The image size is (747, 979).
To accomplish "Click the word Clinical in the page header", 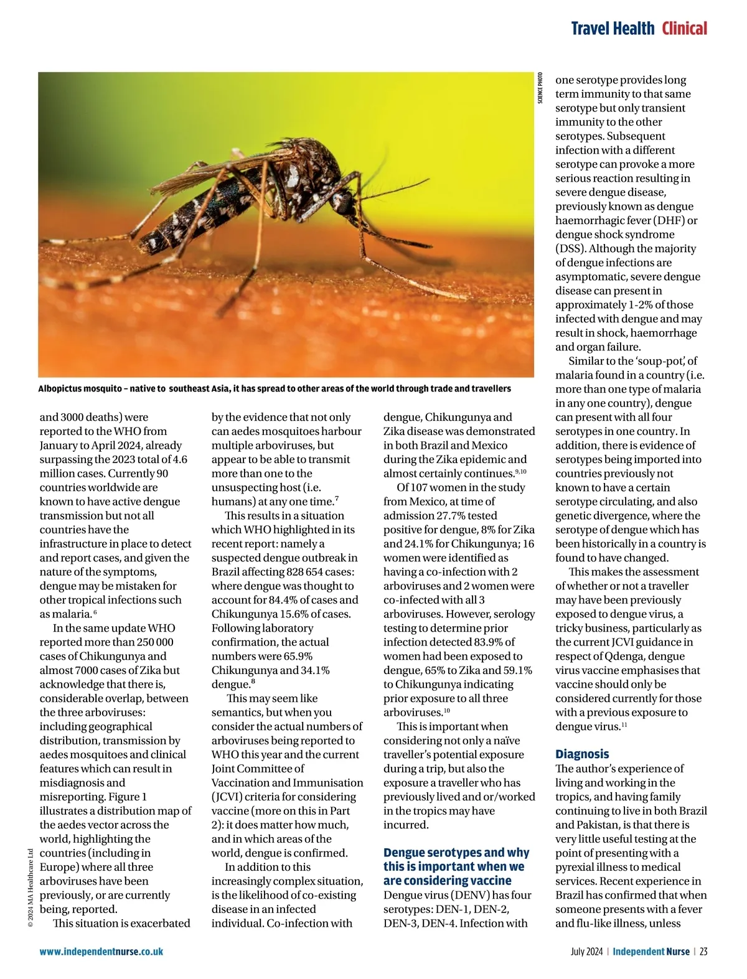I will click(684, 29).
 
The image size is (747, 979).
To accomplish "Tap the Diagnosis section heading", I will click(581, 754).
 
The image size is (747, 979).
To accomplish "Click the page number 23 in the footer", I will click(703, 951).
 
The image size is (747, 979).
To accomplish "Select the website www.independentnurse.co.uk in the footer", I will click(101, 951).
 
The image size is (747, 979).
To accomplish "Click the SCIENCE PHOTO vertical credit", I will click(540, 88).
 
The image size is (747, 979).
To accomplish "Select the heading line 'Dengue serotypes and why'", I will click(456, 852).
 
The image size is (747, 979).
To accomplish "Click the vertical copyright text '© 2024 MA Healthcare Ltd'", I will click(31, 888).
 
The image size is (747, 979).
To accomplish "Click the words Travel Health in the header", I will click(613, 29).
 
